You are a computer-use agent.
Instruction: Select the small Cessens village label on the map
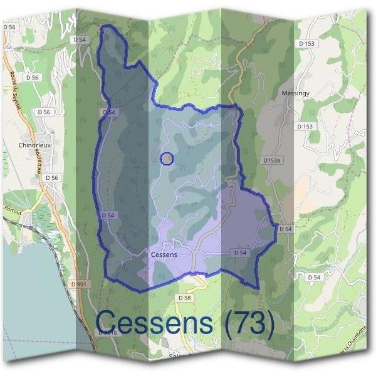coord(164,255)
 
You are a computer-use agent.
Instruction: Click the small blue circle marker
coord(167,159)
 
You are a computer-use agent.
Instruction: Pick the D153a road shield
coord(272,161)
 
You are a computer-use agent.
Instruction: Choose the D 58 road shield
coord(184,297)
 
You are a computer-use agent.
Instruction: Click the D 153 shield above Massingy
coord(306,43)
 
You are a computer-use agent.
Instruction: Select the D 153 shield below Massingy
coord(305,127)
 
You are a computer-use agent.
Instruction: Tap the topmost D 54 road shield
coord(79,39)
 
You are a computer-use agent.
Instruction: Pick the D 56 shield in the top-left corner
coord(9,27)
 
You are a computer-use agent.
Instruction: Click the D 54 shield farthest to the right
coord(314,277)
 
